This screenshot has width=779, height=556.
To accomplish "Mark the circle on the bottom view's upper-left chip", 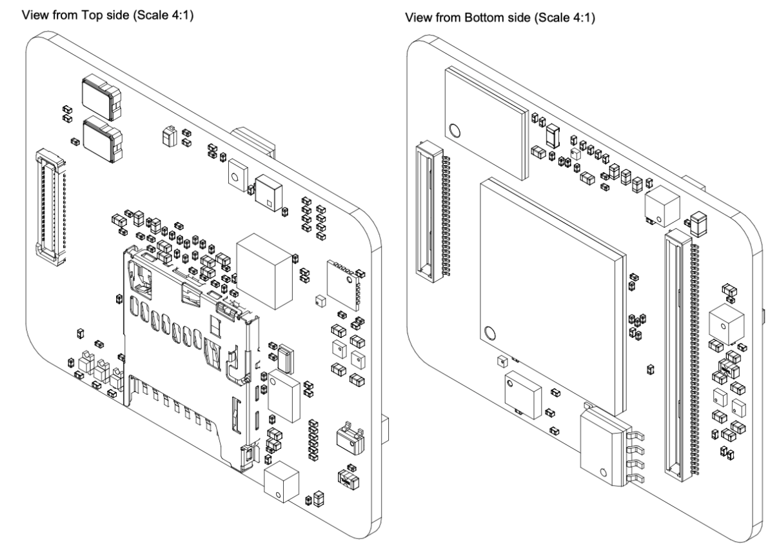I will (x=455, y=131).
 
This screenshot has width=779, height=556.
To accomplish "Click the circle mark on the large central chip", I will (x=489, y=334).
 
